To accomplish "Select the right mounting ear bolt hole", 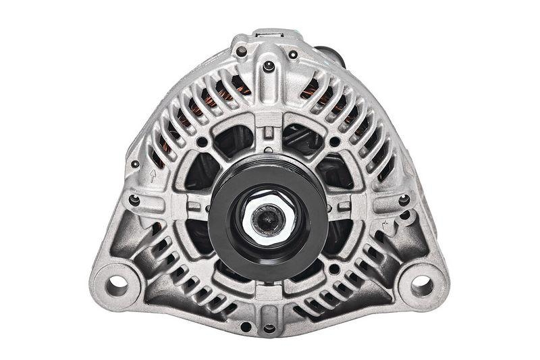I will (422, 284).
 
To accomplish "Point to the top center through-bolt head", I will (269, 66).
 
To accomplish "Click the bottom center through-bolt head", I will (269, 328).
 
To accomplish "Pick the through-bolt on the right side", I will (404, 200).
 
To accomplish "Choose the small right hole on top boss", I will (293, 54).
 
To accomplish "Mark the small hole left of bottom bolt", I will (246, 326).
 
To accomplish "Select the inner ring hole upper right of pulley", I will (334, 142).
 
